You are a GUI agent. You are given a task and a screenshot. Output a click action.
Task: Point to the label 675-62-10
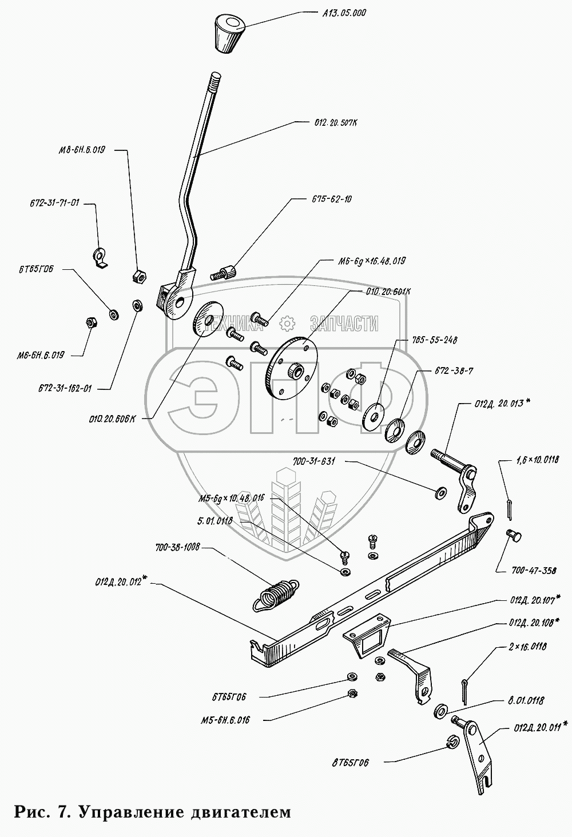coord(332,199)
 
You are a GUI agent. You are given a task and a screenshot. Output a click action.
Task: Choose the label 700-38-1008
coord(177,548)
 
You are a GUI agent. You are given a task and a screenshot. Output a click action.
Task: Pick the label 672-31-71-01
coord(54,203)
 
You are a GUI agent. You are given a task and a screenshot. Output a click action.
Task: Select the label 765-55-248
coord(434,340)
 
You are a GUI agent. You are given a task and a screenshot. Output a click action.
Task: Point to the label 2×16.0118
coord(527,647)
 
